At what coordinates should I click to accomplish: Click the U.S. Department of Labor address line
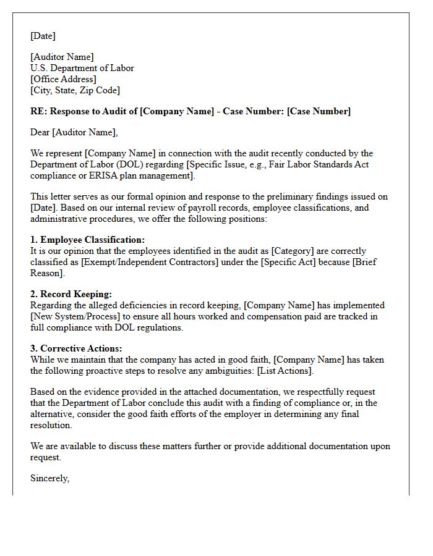click(82, 68)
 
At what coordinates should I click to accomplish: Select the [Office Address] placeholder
click(63, 79)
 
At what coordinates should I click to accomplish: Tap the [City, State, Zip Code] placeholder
click(75, 90)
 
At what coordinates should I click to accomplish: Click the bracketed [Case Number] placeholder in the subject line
click(319, 111)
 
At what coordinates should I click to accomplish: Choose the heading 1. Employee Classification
click(87, 240)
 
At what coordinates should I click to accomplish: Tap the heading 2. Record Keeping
click(71, 294)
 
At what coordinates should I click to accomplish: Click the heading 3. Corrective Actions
click(76, 348)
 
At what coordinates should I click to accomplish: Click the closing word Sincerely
click(49, 478)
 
